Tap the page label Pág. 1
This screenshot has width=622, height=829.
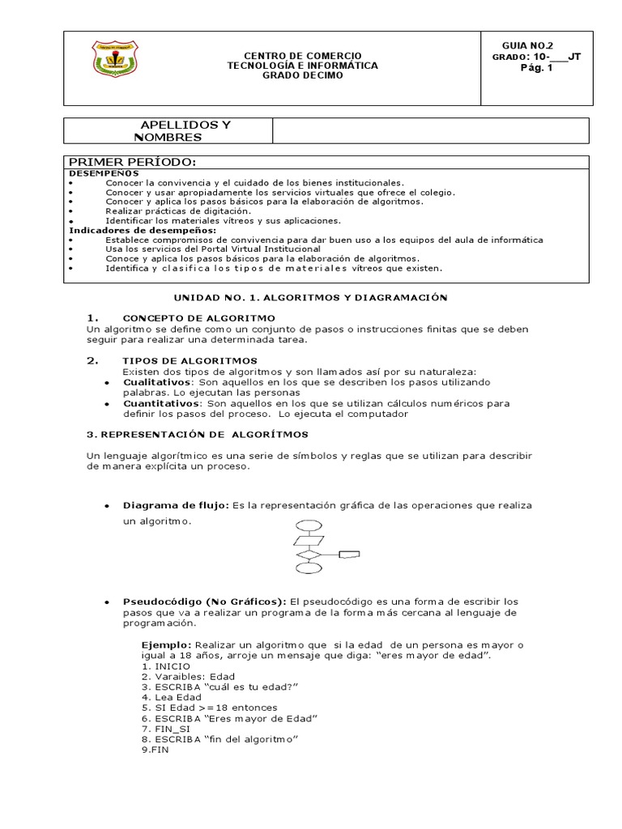tap(535, 68)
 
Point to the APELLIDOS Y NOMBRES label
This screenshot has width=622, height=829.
tap(185, 130)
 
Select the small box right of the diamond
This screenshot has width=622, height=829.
tap(349, 555)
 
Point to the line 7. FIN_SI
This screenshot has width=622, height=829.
tap(164, 729)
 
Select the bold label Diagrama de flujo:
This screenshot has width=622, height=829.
tap(176, 505)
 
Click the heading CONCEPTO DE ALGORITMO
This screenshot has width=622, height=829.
tap(198, 317)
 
